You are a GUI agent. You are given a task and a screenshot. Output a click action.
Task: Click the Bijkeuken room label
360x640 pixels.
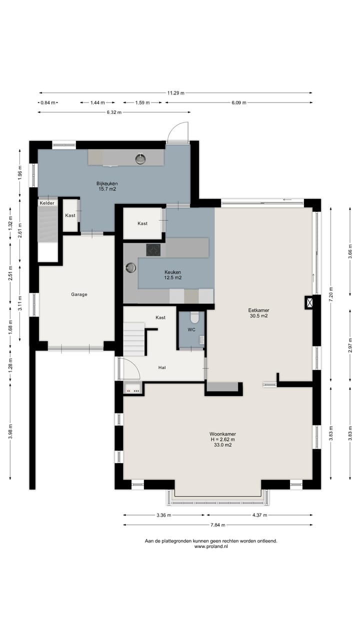[107, 186]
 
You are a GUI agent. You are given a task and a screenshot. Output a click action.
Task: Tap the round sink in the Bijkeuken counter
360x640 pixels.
[140, 158]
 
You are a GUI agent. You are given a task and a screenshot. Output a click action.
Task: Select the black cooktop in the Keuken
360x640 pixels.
[153, 250]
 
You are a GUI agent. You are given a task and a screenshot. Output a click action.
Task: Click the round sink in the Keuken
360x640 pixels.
[131, 268]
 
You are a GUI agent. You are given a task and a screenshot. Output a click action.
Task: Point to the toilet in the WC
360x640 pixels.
[194, 317]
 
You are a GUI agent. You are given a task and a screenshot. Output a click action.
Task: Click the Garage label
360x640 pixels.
[79, 294]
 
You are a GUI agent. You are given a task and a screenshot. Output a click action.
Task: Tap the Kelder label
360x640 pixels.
[47, 203]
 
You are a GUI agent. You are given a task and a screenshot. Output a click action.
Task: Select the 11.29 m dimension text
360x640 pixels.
[175, 93]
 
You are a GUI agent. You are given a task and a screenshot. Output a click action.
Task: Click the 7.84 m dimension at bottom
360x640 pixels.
[218, 525]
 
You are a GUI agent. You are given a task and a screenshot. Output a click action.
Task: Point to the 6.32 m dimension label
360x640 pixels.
[114, 112]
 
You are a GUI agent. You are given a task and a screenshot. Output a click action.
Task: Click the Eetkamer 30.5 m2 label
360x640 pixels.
[258, 313]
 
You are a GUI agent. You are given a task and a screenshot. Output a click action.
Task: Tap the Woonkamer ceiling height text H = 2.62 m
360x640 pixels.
[223, 439]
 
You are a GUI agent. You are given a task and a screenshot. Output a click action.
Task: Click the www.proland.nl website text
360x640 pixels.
[211, 546]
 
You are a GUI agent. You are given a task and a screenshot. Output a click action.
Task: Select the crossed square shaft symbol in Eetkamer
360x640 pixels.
[309, 302]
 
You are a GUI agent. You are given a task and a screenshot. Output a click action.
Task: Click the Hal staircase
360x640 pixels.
[134, 339]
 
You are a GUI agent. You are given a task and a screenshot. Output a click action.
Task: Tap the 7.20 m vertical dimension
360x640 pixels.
[331, 294]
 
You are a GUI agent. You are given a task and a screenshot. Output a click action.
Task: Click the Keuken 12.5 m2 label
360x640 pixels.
[172, 275]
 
